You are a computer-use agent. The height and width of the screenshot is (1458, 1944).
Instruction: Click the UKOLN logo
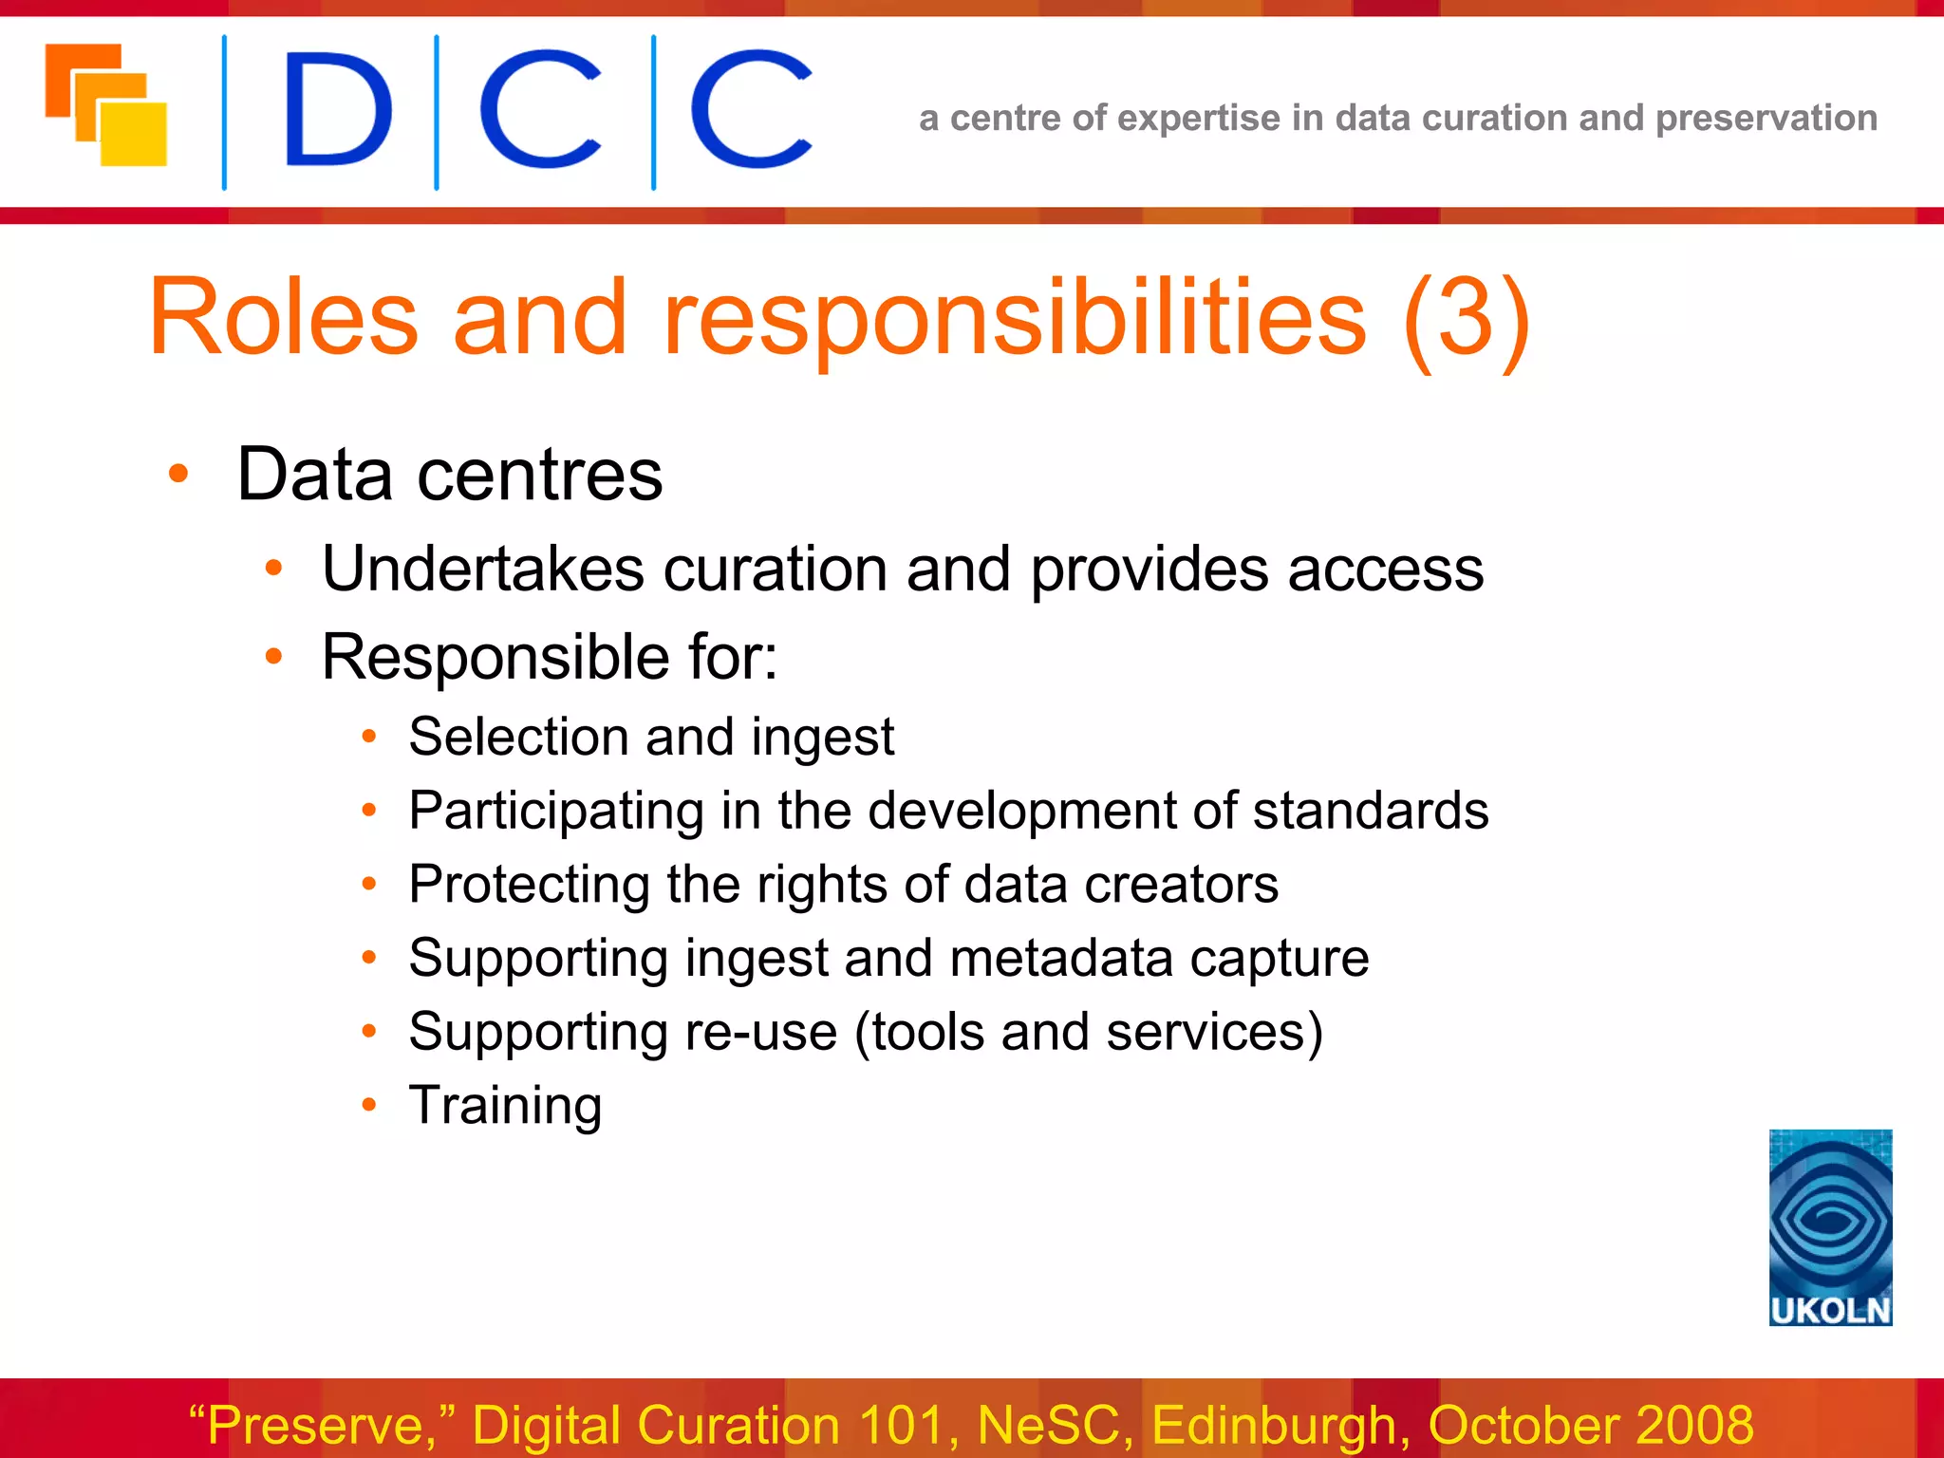[x=1830, y=1226]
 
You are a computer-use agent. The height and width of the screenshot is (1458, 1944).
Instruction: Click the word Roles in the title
[x=283, y=318]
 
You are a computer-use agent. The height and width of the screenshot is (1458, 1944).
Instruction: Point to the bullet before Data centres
[x=178, y=474]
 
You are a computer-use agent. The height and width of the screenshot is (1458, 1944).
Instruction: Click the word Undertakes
[x=482, y=570]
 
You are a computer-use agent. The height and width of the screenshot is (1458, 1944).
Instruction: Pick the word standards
[x=1370, y=811]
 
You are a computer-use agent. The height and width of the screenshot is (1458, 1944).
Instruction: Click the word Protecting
[x=529, y=885]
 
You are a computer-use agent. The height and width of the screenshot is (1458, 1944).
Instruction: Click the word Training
[x=505, y=1106]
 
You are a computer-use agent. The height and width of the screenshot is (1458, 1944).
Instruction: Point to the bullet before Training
[x=369, y=1105]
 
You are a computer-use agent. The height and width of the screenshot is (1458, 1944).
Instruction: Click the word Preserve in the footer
[x=315, y=1425]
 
